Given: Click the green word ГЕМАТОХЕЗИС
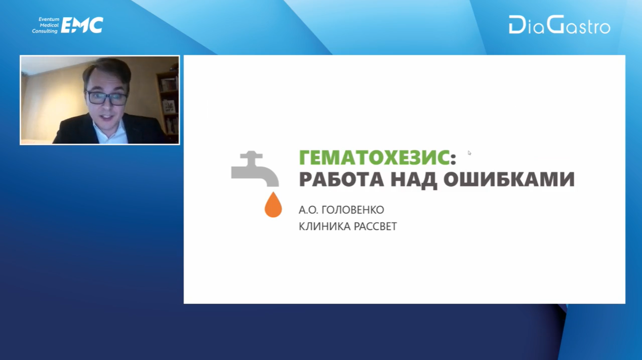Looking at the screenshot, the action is coord(374,157).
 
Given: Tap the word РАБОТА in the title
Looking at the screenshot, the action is coord(341,179).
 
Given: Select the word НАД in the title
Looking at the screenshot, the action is coord(414,180).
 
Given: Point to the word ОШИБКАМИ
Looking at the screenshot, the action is coord(509,179).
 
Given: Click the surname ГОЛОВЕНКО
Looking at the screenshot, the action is coord(353,210).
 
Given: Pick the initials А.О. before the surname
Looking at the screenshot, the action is coord(308,210).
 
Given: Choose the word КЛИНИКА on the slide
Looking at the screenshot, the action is coord(325,226).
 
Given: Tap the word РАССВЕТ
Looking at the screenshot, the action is coord(376,226).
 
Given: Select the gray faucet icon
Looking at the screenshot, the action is coord(255,169).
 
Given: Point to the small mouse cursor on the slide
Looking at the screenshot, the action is coord(469,153).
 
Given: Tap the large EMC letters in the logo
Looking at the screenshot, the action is coord(82,25).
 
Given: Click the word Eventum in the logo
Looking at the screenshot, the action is coord(49,19).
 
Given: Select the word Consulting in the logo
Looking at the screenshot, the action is coord(45,31).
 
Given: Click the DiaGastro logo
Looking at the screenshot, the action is coord(559,25).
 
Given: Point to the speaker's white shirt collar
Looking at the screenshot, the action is coord(109,131).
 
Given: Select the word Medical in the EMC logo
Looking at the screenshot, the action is coord(49,25).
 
